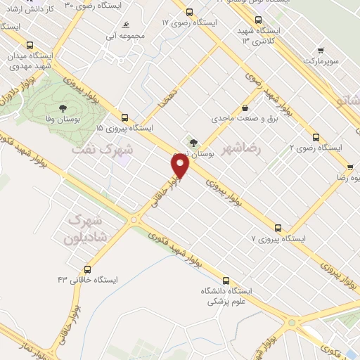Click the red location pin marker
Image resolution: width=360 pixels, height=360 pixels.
coord(181,167)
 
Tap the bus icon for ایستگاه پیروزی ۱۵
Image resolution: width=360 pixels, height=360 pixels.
coord(124,117)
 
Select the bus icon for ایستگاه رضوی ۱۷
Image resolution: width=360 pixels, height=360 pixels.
coord(189,12)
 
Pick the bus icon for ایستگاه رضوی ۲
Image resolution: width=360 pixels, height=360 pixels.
coord(316,137)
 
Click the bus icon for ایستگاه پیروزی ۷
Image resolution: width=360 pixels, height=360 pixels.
coord(278,228)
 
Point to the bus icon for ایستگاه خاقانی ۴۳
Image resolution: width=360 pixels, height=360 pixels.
coord(87,269)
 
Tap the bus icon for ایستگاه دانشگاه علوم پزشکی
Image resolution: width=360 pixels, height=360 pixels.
coord(225,281)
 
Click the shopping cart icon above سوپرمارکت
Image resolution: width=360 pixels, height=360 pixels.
coord(321,51)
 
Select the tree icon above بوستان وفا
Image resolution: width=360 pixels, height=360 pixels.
coord(63,108)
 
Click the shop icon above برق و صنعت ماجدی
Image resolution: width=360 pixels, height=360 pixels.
coord(244,108)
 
